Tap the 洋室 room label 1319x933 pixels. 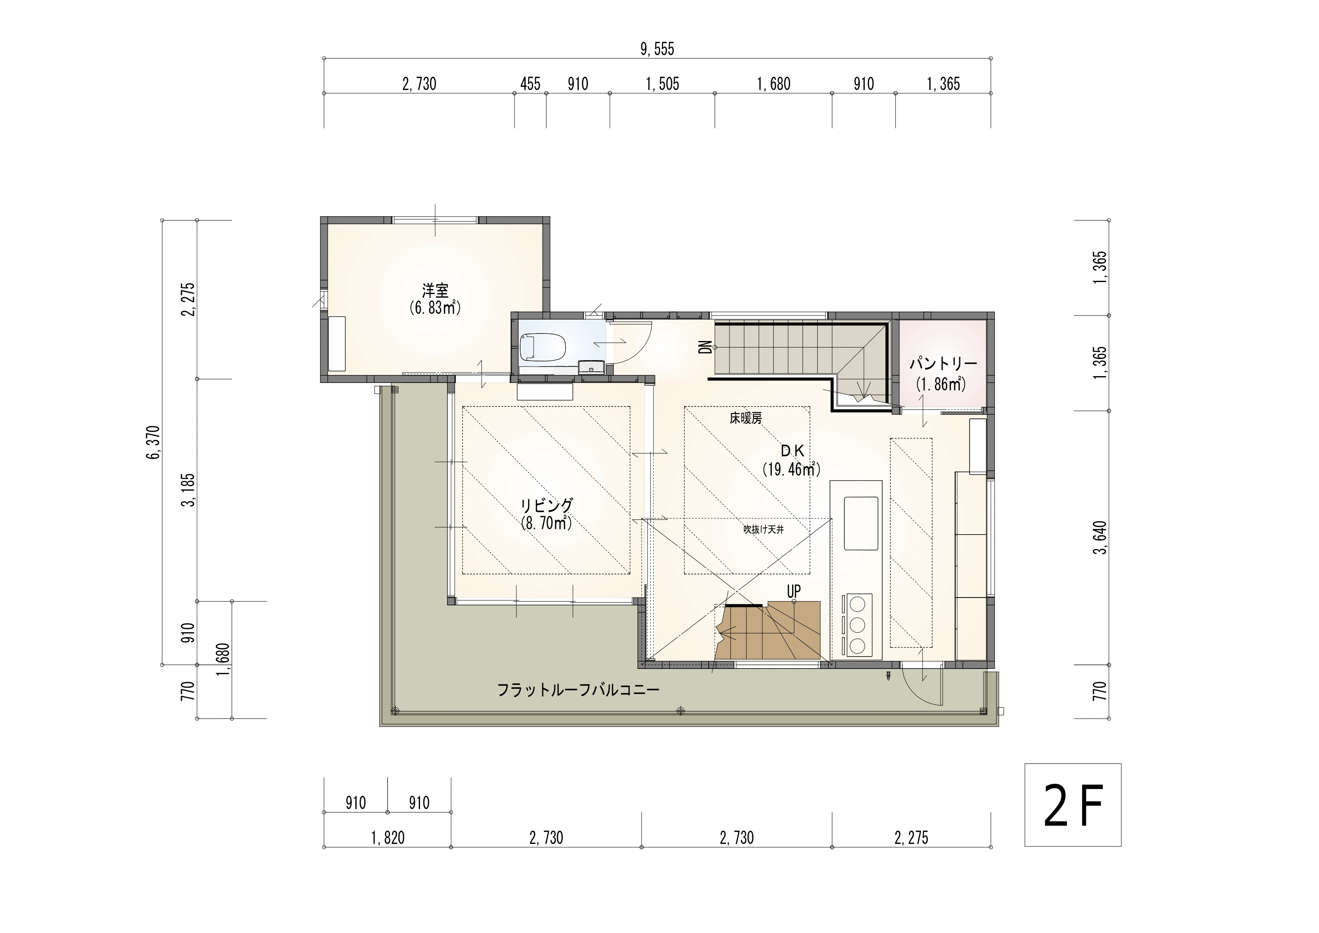pyautogui.click(x=435, y=290)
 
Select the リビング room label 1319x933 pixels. pyautogui.click(x=547, y=505)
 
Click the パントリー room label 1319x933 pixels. pyautogui.click(x=943, y=364)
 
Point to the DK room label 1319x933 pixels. pyautogui.click(x=792, y=452)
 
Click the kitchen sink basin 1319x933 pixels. pyautogui.click(x=861, y=523)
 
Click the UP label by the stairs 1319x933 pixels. pyautogui.click(x=793, y=591)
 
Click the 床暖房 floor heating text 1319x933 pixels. pyautogui.click(x=746, y=419)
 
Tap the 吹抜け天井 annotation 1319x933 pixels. pyautogui.click(x=763, y=529)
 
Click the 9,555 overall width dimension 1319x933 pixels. pyautogui.click(x=657, y=49)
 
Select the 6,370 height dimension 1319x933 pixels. pyautogui.click(x=154, y=442)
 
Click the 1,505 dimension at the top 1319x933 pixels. pyautogui.click(x=662, y=85)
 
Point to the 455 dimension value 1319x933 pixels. pyautogui.click(x=530, y=85)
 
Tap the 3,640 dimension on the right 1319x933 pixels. pyautogui.click(x=1100, y=538)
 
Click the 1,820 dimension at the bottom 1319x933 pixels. pyautogui.click(x=388, y=838)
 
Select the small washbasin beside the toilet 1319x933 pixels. pyautogui.click(x=591, y=367)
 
